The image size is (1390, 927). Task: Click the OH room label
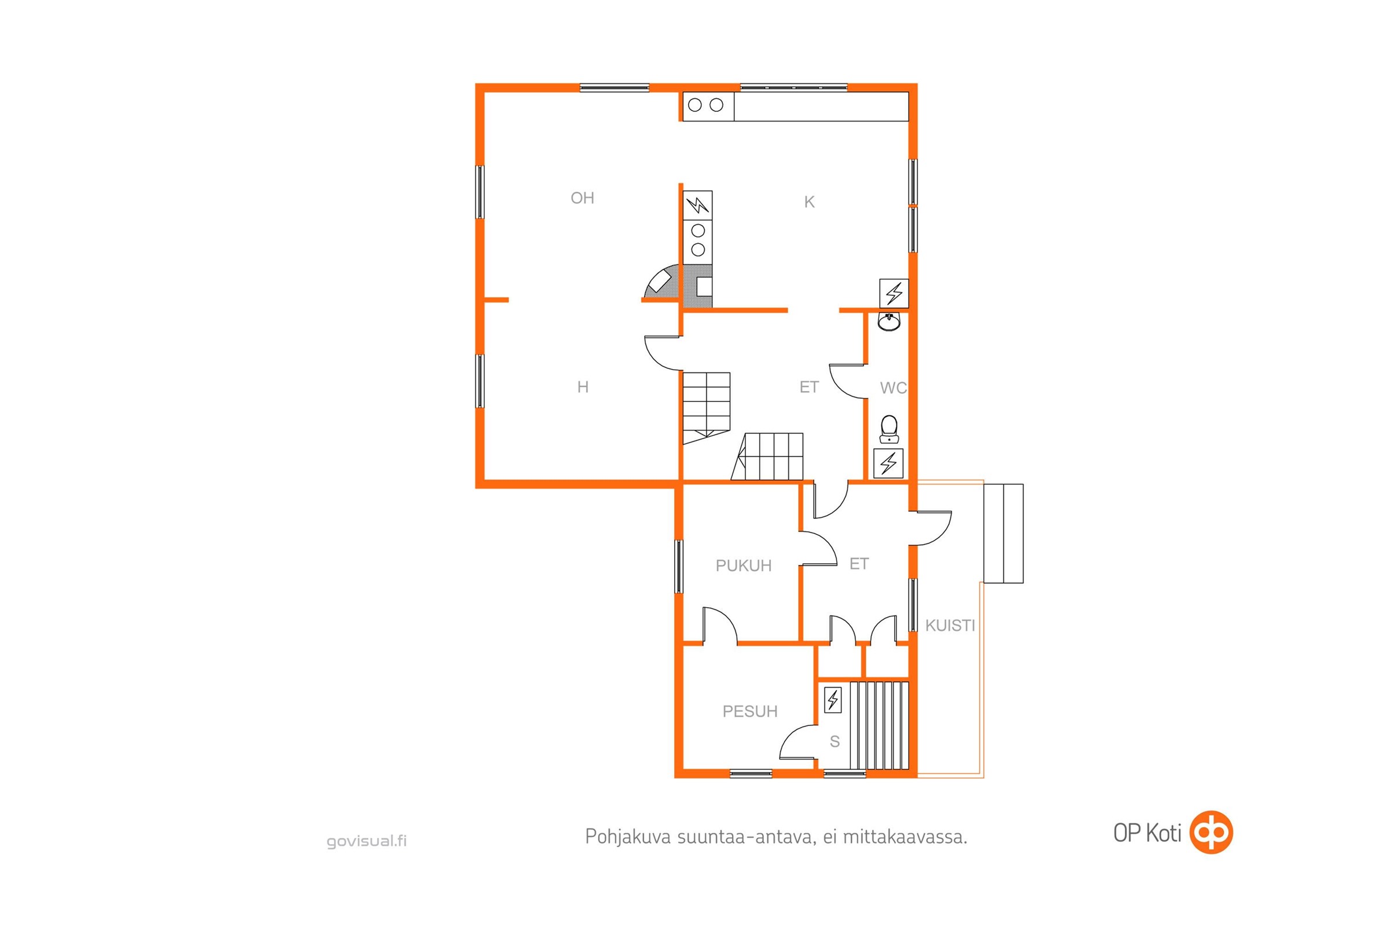582,198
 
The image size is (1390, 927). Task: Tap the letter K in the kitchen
809,202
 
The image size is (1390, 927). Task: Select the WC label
893,388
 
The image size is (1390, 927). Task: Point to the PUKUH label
744,566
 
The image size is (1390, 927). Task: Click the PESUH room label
750,711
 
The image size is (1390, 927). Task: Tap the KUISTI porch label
950,626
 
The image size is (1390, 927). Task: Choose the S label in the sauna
835,742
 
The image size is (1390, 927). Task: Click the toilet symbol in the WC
889,429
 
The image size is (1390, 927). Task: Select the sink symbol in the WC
889,322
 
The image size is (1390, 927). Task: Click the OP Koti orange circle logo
1212,833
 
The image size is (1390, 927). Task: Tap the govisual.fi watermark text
367,841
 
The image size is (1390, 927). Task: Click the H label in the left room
583,387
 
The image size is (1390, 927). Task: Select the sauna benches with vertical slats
879,725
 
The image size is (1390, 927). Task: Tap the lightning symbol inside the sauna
833,700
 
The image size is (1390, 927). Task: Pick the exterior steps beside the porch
1003,534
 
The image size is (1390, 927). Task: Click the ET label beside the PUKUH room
859,564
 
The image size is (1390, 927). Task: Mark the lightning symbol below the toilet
888,463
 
